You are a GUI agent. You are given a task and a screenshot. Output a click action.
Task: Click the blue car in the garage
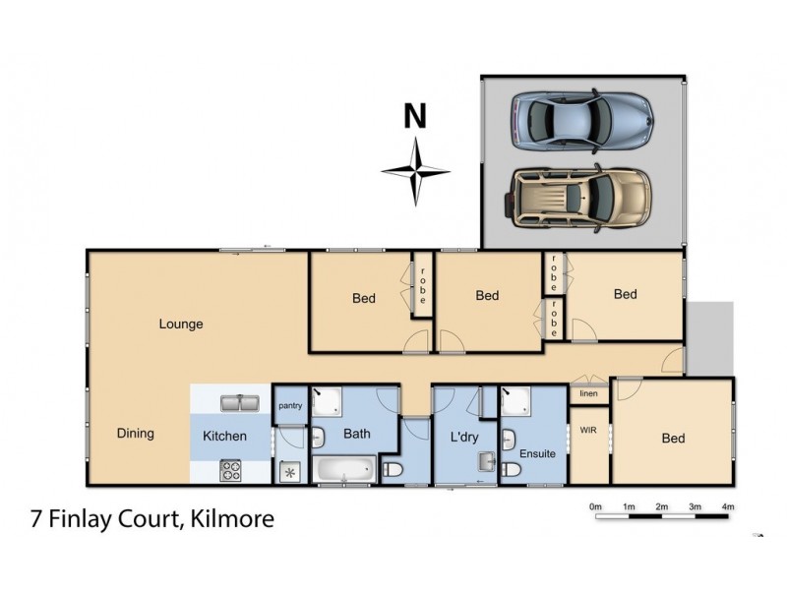(x=581, y=119)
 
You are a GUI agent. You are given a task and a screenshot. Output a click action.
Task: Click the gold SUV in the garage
(x=579, y=195)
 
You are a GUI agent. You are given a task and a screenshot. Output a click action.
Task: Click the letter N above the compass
(x=415, y=117)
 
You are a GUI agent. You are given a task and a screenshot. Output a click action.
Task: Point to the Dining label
(x=135, y=433)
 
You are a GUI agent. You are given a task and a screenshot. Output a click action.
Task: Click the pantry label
(x=290, y=405)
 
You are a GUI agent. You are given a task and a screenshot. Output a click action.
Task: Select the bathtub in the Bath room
(x=343, y=469)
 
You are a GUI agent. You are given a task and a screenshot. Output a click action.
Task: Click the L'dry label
(x=463, y=436)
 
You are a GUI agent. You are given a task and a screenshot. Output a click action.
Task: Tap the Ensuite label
(x=536, y=454)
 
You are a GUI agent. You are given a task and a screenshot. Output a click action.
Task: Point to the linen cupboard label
(x=589, y=394)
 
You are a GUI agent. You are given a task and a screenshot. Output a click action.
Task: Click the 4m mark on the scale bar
(x=728, y=506)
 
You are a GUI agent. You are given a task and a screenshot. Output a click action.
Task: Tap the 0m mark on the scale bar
(x=595, y=506)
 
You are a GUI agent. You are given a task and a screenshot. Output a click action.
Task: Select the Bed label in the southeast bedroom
(x=673, y=439)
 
